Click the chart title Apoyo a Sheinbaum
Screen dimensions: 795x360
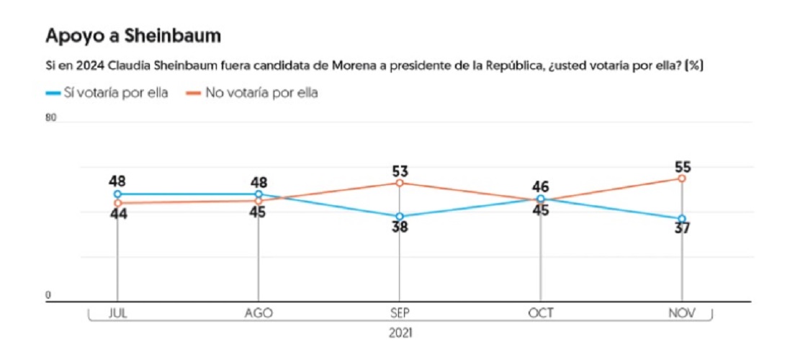(133, 37)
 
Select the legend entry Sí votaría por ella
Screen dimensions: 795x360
(107, 94)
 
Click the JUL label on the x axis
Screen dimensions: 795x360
(117, 313)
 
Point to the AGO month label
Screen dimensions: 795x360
(259, 313)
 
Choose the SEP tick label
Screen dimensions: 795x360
(400, 313)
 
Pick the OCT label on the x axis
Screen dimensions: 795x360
(541, 313)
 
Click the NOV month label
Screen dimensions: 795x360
(681, 313)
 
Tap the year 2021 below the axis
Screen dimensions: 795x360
(400, 333)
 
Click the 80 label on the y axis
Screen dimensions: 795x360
(50, 118)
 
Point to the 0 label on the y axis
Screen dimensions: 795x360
(49, 296)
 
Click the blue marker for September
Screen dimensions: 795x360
(400, 217)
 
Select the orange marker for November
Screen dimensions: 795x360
(682, 179)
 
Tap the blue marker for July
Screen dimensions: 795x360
(117, 194)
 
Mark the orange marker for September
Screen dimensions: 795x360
(400, 183)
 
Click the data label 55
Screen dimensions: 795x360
(682, 167)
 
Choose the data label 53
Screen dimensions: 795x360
(400, 171)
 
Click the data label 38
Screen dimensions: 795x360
(400, 228)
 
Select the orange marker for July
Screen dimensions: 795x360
(117, 203)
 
